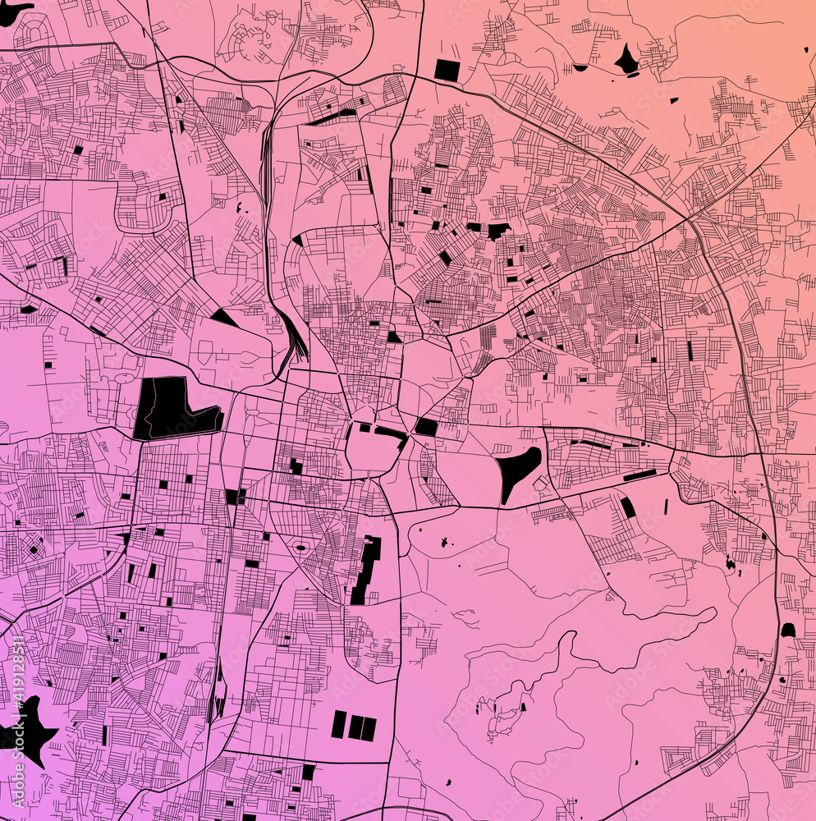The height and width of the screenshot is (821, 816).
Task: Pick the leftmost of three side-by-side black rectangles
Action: click(338, 724)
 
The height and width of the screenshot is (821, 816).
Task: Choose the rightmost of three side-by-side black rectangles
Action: click(369, 728)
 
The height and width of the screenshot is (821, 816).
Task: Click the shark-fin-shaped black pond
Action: click(627, 60)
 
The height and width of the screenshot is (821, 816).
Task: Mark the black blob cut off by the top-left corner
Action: click(12, 10)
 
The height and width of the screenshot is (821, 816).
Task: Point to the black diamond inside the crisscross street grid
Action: click(34, 549)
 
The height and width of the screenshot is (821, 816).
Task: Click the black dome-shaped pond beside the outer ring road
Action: click(788, 631)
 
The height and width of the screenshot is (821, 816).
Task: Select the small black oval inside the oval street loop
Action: click(300, 547)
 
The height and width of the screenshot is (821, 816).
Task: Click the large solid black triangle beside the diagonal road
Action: click(222, 317)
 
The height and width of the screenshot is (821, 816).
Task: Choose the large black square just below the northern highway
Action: click(447, 70)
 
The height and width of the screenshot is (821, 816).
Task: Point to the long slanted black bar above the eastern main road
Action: click(640, 475)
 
